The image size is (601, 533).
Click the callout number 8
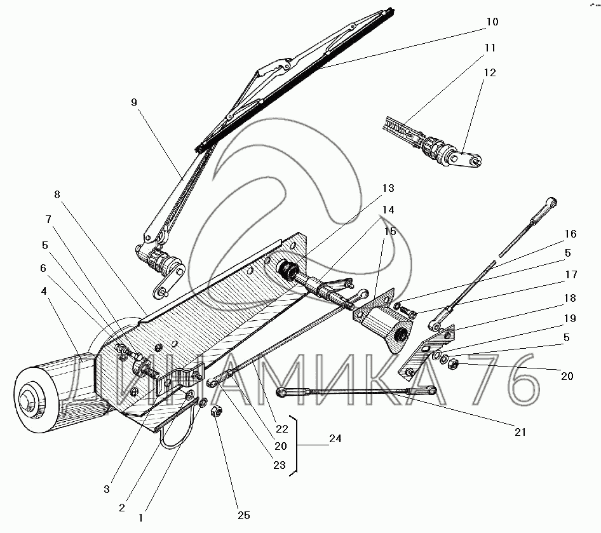pyautogui.click(x=58, y=194)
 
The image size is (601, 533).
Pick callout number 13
pyautogui.click(x=388, y=188)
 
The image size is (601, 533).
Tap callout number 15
pyautogui.click(x=390, y=231)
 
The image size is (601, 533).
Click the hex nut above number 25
pyautogui.click(x=215, y=411)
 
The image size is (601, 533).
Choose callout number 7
pyautogui.click(x=48, y=219)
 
